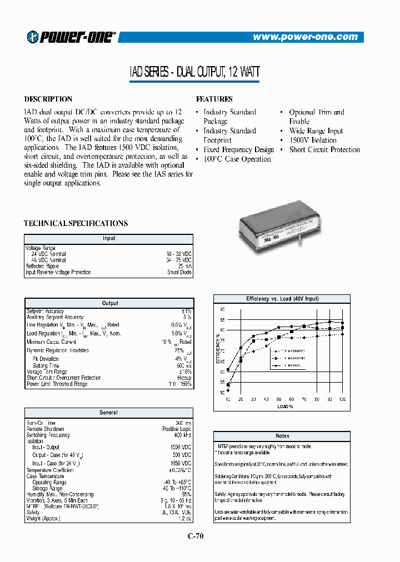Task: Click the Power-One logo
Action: pyautogui.click(x=71, y=37)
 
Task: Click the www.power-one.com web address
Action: pyautogui.click(x=305, y=37)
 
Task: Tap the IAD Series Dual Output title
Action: pyautogui.click(x=194, y=72)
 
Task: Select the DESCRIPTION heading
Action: pyautogui.click(x=48, y=99)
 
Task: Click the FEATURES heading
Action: pyautogui.click(x=214, y=99)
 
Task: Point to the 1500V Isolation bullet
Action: pyautogui.click(x=313, y=140)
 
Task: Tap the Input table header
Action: pyautogui.click(x=109, y=238)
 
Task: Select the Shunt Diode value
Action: pyautogui.click(x=179, y=273)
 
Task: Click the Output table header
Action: pyautogui.click(x=110, y=303)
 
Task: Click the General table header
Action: pyautogui.click(x=109, y=413)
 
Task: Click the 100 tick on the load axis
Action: pyautogui.click(x=342, y=400)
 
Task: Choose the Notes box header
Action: pyautogui.click(x=282, y=436)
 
